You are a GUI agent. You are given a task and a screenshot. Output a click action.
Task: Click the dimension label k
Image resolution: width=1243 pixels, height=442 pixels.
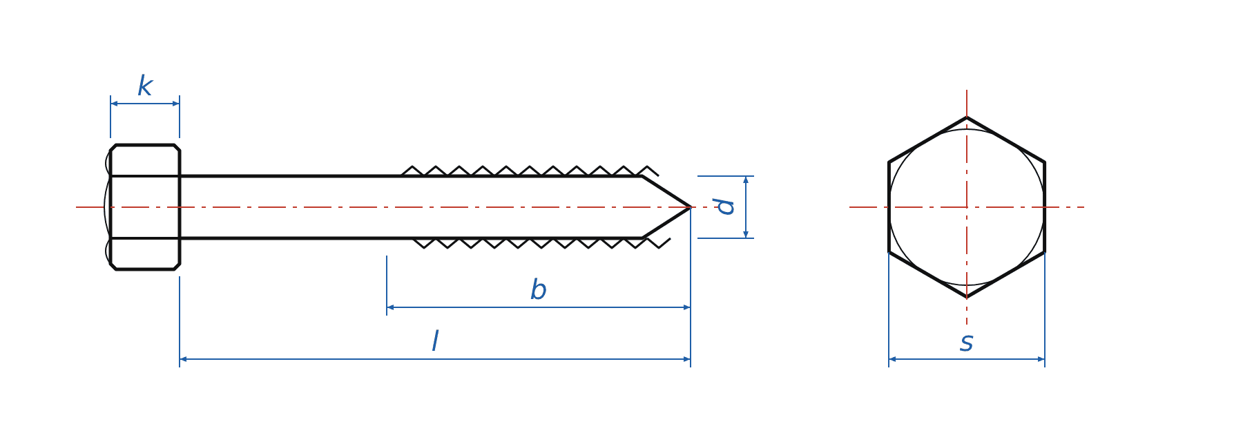[145, 86]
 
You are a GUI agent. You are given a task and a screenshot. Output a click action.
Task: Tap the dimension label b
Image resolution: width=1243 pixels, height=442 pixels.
[539, 289]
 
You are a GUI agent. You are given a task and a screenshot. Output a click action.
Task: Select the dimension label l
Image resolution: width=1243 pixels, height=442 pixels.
[435, 341]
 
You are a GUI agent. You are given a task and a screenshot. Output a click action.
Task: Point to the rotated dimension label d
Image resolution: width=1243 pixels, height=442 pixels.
[724, 206]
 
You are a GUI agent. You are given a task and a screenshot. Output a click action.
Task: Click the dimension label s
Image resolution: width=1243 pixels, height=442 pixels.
[967, 343]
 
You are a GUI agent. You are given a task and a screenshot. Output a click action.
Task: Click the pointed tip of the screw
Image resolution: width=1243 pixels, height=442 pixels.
[691, 207]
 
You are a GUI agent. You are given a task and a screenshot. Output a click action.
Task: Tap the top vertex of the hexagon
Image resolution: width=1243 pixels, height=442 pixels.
[967, 117]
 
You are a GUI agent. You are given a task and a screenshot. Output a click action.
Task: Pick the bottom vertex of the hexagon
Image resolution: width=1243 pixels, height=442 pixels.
[967, 297]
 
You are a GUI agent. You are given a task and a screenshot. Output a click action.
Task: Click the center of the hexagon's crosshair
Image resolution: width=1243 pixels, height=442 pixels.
[967, 207]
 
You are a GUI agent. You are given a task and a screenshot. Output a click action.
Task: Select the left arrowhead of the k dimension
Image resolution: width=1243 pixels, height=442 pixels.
[114, 104]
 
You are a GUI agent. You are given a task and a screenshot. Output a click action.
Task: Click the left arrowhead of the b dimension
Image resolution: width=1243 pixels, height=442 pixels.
[390, 307]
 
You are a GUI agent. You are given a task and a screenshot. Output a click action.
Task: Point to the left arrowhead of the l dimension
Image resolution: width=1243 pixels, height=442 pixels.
[183, 359]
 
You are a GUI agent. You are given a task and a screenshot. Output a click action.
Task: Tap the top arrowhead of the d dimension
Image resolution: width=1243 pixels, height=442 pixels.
[746, 180]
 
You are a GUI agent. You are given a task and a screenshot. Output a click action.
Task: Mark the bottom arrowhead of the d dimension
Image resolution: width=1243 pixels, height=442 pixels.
[746, 235]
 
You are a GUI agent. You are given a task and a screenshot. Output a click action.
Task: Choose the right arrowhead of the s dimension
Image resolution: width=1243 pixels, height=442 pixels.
[1041, 359]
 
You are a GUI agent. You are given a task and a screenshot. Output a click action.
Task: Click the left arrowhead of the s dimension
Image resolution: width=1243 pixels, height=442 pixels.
[892, 359]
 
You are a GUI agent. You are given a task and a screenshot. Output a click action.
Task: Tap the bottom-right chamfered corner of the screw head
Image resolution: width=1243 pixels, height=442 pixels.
[177, 267]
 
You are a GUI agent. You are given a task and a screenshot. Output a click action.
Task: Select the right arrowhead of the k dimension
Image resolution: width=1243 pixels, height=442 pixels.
[176, 104]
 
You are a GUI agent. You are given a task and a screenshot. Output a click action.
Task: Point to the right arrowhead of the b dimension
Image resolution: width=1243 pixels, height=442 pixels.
[687, 307]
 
